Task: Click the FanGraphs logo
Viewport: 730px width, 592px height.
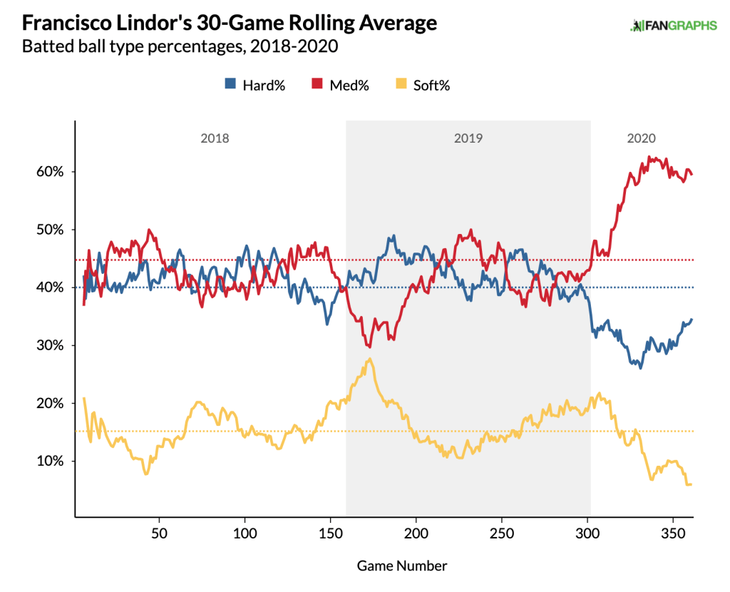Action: tap(674, 26)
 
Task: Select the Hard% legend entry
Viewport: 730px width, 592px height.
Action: tap(255, 86)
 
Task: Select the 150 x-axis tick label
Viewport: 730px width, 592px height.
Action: tap(330, 534)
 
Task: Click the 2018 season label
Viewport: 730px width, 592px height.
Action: tap(215, 138)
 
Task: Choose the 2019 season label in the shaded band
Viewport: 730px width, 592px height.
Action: tap(468, 138)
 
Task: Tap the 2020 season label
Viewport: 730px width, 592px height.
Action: tap(642, 138)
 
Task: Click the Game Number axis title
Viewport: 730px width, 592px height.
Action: tap(402, 566)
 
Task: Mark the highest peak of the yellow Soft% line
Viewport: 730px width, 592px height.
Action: tap(369, 359)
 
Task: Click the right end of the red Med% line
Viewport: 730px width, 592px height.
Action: tap(692, 174)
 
